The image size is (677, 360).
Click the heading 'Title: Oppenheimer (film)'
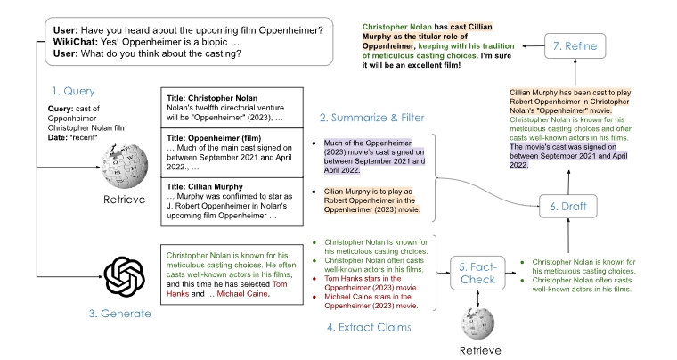click(211, 138)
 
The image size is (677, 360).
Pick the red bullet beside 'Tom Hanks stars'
click(314, 279)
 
